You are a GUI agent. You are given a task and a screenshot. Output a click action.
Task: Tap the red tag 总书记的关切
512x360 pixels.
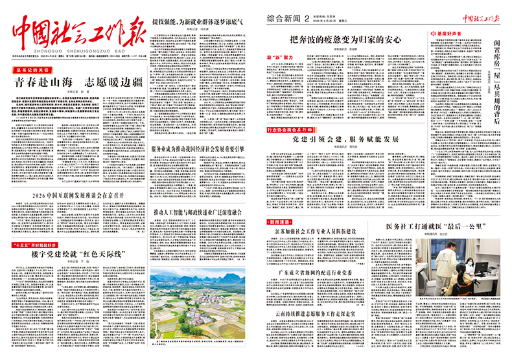pyautogui.click(x=32, y=69)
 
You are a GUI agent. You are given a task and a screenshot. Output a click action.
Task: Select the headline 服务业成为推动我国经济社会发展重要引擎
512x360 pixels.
pyautogui.click(x=197, y=148)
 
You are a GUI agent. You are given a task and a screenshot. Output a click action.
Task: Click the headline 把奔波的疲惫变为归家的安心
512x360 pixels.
pyautogui.click(x=345, y=39)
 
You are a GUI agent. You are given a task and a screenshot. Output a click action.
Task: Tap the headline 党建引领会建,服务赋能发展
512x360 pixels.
pyautogui.click(x=345, y=139)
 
